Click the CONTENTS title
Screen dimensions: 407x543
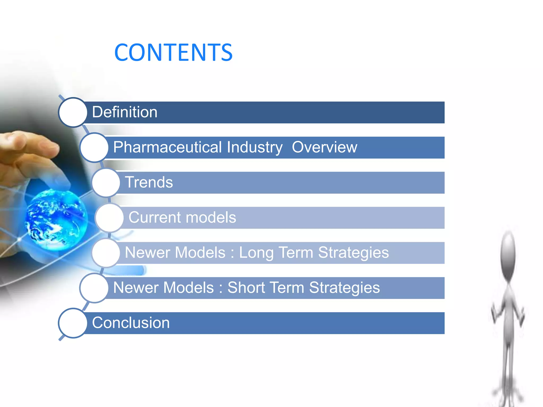click(x=173, y=52)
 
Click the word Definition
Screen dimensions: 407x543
click(x=125, y=112)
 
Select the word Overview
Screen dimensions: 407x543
click(x=324, y=147)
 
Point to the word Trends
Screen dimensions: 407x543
click(x=149, y=182)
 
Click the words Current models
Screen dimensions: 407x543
click(x=182, y=218)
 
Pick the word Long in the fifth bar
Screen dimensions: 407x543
click(x=256, y=253)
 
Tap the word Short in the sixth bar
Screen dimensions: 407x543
click(x=246, y=288)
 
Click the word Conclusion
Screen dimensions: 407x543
click(x=131, y=323)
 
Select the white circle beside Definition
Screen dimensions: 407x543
click(x=73, y=112)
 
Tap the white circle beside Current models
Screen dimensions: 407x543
click(x=110, y=218)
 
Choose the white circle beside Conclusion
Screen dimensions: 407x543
click(x=73, y=323)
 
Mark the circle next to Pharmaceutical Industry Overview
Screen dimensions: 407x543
click(x=94, y=147)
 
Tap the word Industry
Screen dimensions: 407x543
click(x=255, y=147)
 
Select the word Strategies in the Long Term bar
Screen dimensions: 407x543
click(x=353, y=253)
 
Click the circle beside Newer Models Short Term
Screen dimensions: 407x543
click(x=94, y=288)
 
